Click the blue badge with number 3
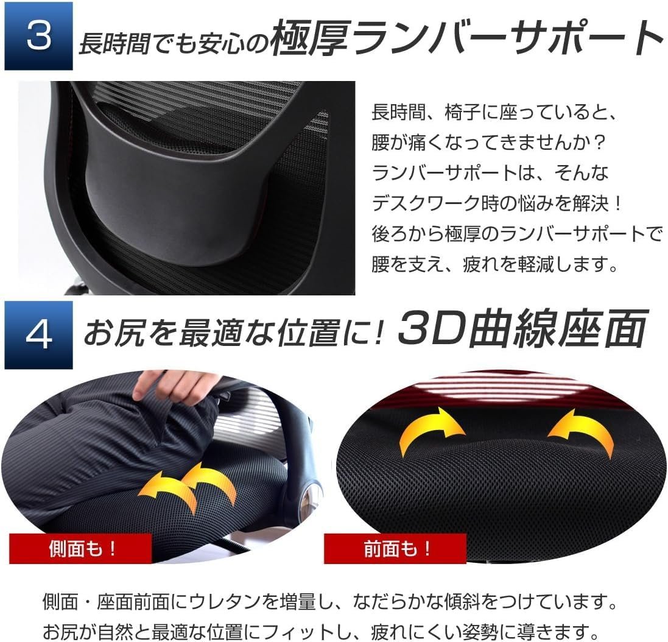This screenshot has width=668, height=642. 38,36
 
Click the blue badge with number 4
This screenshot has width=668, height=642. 38,335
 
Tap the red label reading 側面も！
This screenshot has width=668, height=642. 80,548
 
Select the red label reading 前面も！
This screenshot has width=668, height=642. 395,548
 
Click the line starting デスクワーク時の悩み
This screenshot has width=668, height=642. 497,203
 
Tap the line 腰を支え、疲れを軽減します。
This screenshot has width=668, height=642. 495,264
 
